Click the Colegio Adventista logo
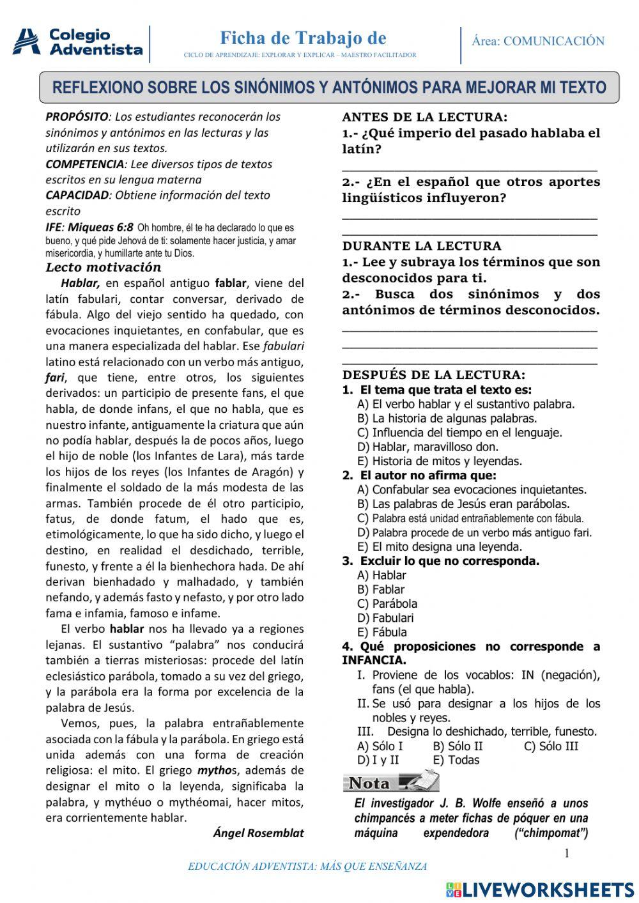[77, 42]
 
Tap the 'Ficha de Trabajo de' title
[303, 38]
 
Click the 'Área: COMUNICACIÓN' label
[538, 42]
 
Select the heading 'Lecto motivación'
[104, 267]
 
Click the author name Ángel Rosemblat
[258, 833]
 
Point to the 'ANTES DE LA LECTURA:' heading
[425, 117]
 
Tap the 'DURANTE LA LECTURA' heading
[422, 246]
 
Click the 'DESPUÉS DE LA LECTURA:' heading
[434, 375]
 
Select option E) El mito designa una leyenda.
[440, 546]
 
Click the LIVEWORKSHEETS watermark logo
[540, 890]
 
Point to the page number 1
[566, 853]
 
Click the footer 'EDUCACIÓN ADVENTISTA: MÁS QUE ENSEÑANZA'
[307, 867]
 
